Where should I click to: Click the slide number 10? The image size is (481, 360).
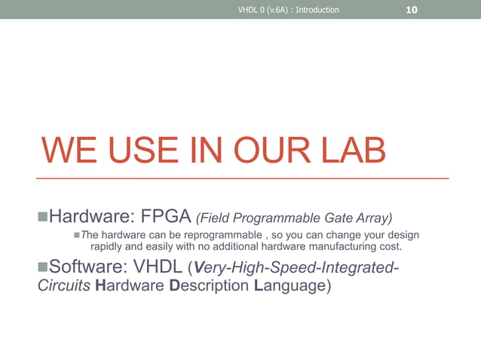[x=412, y=10]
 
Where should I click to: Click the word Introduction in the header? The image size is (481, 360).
[x=315, y=11]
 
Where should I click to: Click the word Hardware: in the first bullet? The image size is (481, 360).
[x=91, y=218]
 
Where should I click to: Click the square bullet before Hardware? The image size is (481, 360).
[x=42, y=218]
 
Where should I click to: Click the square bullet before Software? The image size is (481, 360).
[x=42, y=267]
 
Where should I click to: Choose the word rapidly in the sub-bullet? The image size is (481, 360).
[x=109, y=246]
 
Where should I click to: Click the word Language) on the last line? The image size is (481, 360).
[x=292, y=286]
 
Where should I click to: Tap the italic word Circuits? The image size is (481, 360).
[x=65, y=286]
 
